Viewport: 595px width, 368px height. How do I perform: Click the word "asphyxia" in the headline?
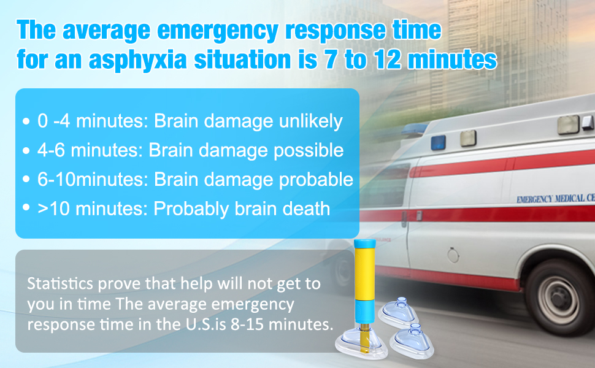pos(138,59)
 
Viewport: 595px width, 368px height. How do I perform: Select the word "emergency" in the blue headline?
pos(218,30)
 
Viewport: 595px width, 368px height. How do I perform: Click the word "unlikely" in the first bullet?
pos(311,121)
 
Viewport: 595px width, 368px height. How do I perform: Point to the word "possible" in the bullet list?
pos(309,151)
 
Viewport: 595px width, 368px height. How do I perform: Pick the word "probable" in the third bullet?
pos(316,180)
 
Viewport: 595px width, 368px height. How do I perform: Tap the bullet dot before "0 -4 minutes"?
pos(26,121)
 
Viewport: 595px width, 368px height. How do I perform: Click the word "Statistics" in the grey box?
pos(60,283)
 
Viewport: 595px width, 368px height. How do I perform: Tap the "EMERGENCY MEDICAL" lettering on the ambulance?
pos(551,199)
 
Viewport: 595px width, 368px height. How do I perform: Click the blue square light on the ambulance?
pos(439,143)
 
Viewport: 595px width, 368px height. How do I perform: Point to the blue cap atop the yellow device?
pos(364,243)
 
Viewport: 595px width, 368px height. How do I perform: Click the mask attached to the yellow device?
pos(361,343)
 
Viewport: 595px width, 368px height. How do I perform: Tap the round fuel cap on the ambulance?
pos(453,255)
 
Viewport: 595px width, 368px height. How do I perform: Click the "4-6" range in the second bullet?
pos(51,151)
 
